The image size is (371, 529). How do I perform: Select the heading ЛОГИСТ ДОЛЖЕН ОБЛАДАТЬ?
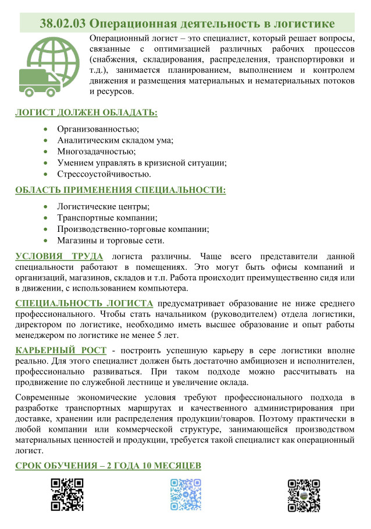coord(86,112)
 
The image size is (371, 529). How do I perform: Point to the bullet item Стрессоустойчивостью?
coord(104,174)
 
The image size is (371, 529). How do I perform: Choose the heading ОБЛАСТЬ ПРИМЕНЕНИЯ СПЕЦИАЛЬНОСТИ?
coord(120,190)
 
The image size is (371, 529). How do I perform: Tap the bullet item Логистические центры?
coord(103,206)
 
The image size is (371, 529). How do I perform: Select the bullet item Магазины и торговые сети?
coord(110,240)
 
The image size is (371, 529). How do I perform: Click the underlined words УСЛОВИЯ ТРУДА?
coord(59,256)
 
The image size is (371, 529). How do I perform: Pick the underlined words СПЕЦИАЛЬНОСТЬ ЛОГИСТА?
coord(84,303)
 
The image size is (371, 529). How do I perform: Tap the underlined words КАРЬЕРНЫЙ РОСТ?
coord(61,350)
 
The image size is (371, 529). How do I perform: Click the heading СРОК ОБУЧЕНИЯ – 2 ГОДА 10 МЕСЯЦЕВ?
coord(108,465)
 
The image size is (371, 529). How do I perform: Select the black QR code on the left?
coord(67,494)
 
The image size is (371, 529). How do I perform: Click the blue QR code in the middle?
coord(185,494)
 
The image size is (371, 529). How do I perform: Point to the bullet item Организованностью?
coord(98,129)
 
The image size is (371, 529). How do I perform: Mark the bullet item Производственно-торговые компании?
coord(133,229)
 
